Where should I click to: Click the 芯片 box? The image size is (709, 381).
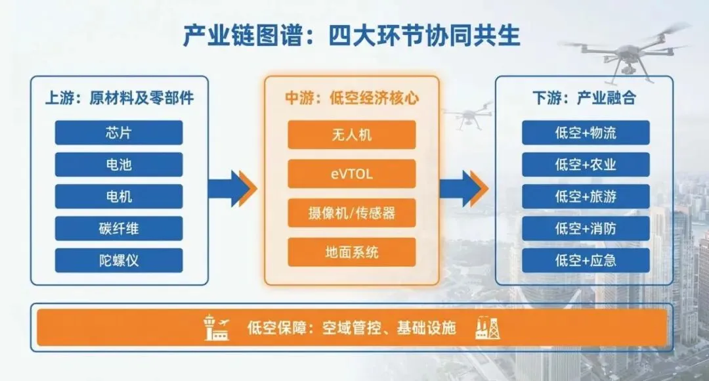[119, 133]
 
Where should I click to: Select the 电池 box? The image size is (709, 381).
[119, 165]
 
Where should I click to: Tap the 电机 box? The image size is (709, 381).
[119, 196]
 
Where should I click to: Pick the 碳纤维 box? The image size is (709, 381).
[119, 229]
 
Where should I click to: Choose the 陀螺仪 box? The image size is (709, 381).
[119, 260]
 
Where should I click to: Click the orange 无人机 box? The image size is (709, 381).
[352, 135]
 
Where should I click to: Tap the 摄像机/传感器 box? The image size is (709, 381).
[352, 213]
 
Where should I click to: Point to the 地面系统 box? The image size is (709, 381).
[352, 252]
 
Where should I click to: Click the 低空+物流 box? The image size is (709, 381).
[586, 133]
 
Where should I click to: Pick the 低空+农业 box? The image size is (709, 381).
[586, 165]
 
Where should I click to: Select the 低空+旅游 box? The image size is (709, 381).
[586, 196]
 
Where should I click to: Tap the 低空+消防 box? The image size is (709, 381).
[586, 229]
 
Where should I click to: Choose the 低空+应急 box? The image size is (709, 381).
[586, 260]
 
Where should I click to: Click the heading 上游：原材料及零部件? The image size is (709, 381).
[119, 99]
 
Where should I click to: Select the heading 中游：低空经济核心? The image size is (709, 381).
[352, 99]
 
